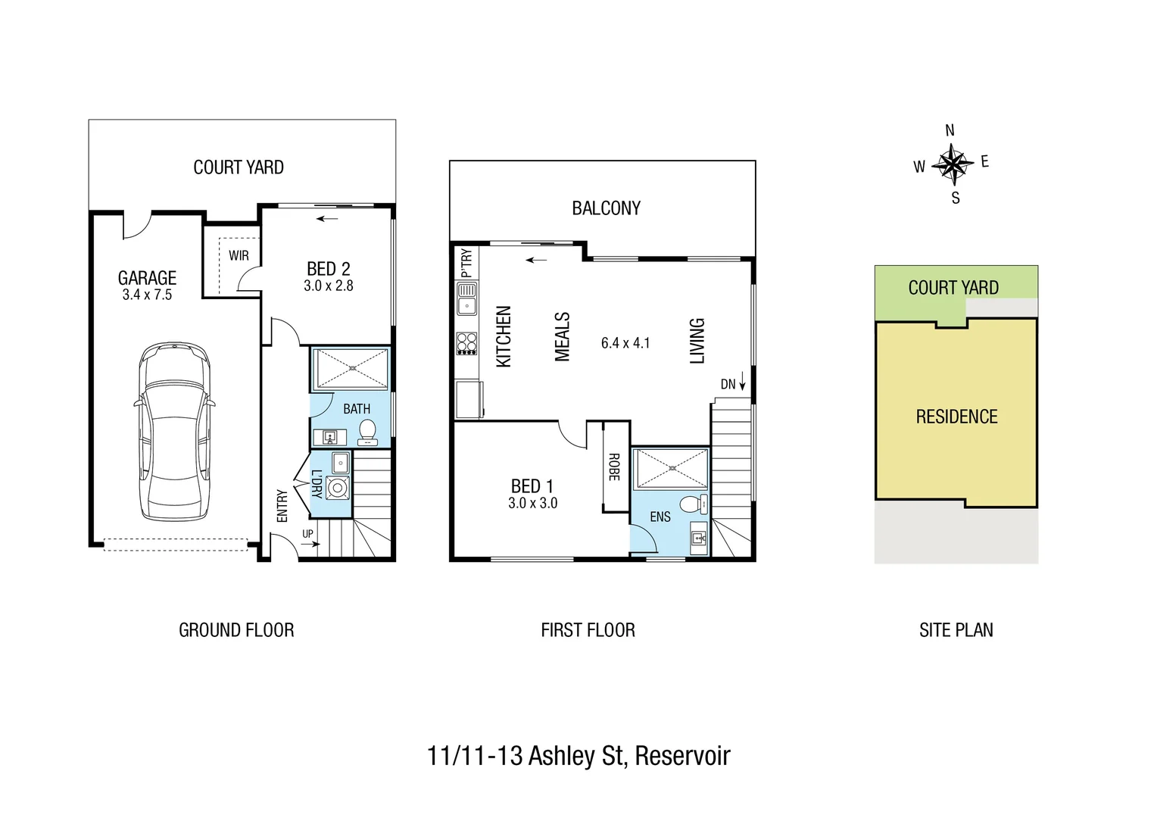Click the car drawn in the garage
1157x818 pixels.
coord(173,432)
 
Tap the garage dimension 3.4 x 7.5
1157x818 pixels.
coord(147,295)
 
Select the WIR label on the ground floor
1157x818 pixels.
coord(239,256)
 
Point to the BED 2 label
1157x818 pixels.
coord(328,269)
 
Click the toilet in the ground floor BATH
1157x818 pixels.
coord(367,432)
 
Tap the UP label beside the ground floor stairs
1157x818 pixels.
coord(307,534)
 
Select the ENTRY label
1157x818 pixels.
coord(282,505)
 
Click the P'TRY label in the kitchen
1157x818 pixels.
coord(466,263)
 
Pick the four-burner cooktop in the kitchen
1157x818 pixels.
coord(466,344)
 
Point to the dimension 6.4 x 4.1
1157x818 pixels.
coord(625,343)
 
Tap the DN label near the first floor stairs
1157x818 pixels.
coord(728,384)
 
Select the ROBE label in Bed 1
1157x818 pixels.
coord(614,467)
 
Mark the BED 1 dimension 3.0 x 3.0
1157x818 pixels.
coord(532,504)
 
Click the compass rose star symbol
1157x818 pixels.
coord(952,164)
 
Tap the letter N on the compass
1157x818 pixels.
coord(950,131)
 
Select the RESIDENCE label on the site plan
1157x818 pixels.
coord(956,417)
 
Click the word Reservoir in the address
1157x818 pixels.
coord(682,756)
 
